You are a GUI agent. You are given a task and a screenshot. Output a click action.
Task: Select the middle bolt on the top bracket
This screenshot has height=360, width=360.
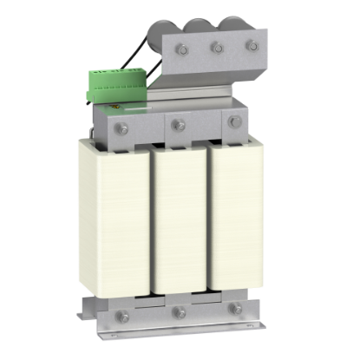point(217,48)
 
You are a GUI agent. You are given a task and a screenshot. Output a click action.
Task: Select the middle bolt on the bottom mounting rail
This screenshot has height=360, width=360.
point(178,311)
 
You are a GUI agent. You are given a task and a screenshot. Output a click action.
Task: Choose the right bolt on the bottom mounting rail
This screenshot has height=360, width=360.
point(235,307)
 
